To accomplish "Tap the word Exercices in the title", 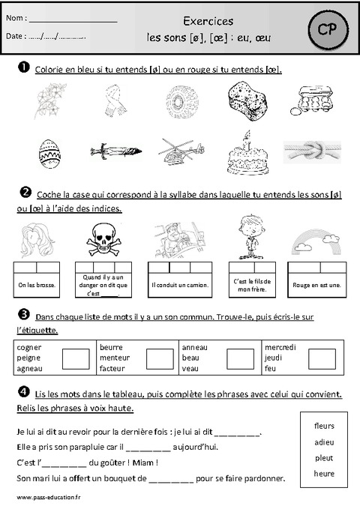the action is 207,22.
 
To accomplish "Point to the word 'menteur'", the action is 114,358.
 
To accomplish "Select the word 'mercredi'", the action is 280,347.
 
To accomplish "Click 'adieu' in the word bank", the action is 324,442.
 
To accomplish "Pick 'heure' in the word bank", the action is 324,474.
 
